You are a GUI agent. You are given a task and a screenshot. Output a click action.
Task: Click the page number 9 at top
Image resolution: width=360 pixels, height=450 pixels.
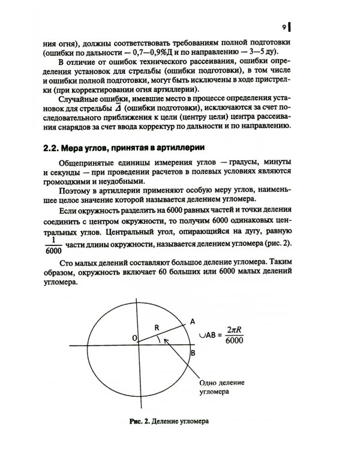(x=283, y=27)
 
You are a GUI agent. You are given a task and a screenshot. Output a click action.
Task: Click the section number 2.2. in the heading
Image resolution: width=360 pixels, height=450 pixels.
(x=55, y=148)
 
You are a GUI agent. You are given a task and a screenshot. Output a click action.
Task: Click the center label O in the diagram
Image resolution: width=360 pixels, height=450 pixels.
(x=134, y=340)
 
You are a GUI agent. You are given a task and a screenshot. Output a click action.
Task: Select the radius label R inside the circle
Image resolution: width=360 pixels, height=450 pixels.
(x=157, y=328)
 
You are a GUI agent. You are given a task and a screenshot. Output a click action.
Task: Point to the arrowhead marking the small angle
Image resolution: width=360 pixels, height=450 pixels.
(x=166, y=341)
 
